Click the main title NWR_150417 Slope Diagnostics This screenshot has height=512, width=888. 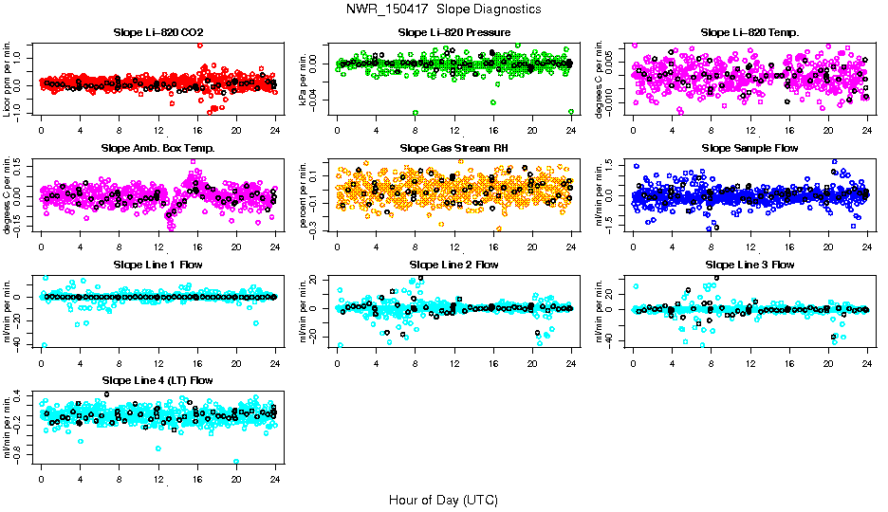[x=444, y=9]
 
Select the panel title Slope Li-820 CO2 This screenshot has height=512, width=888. [x=158, y=32]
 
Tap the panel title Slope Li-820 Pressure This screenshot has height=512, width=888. [x=454, y=32]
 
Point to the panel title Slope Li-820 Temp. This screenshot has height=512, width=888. [x=749, y=32]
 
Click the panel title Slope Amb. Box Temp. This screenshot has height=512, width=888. [x=158, y=148]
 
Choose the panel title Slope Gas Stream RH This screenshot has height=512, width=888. [x=454, y=148]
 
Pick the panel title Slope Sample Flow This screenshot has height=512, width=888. [x=749, y=148]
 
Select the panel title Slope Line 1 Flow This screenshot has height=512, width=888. [x=158, y=265]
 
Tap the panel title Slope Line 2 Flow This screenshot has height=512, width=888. [x=454, y=265]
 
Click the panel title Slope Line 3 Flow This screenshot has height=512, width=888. [x=749, y=265]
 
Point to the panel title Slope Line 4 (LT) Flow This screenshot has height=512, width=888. [x=158, y=380]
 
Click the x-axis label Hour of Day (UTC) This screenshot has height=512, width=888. [x=443, y=499]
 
